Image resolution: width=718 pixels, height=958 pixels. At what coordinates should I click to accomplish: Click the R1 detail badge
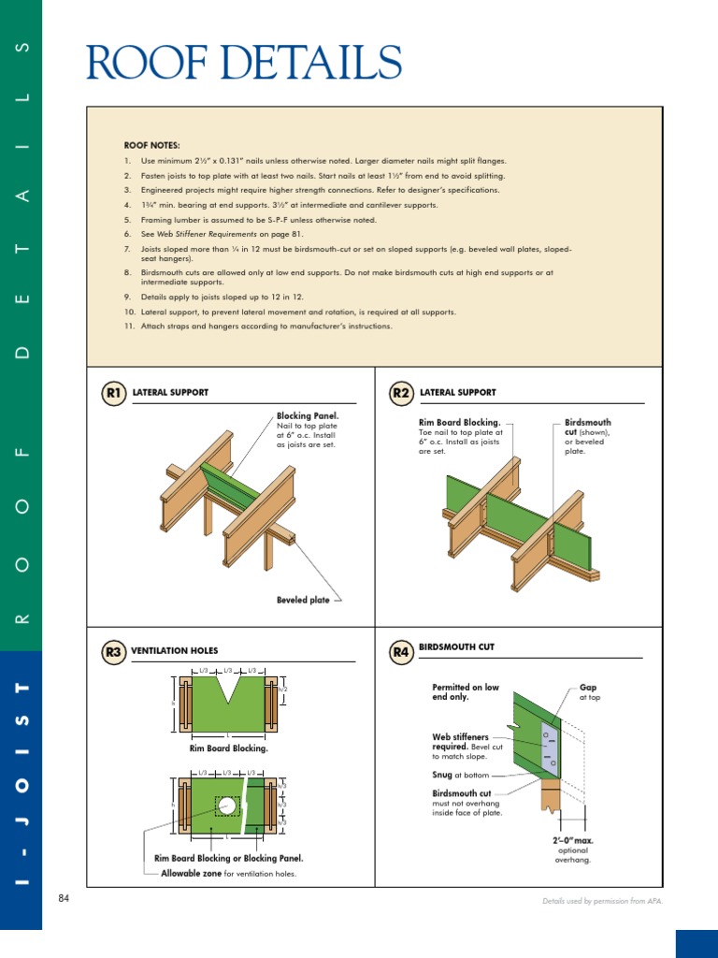(114, 394)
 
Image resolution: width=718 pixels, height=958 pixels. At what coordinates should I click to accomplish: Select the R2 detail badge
(401, 394)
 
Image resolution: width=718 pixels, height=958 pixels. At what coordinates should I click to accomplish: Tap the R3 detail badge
(114, 651)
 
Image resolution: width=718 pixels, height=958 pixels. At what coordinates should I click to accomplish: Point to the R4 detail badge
(401, 651)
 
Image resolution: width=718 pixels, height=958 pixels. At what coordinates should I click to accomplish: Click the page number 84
(65, 899)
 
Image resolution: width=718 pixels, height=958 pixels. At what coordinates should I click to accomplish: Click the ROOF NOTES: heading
(151, 146)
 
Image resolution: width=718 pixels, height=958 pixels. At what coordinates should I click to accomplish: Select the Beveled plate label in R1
(302, 601)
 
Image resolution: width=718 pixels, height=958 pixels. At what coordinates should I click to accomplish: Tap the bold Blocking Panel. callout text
(307, 415)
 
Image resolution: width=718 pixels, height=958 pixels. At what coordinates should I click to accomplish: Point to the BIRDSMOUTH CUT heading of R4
(457, 647)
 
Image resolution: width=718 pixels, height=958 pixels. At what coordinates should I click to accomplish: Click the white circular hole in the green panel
(227, 805)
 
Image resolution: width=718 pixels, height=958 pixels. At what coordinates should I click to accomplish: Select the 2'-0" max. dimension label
(572, 841)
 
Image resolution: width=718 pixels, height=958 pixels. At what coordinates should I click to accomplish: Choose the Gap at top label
(588, 692)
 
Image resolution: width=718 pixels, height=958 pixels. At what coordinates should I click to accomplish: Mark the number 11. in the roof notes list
(130, 327)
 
